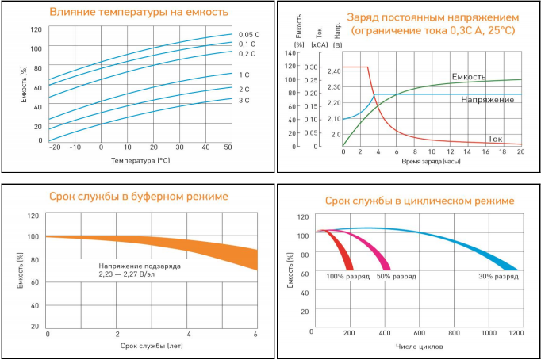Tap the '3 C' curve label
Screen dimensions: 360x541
click(x=244, y=101)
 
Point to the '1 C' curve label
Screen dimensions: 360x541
click(x=244, y=75)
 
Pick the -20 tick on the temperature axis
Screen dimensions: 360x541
click(x=54, y=147)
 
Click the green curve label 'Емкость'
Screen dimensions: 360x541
click(x=469, y=76)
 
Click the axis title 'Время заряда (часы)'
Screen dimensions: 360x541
click(x=432, y=161)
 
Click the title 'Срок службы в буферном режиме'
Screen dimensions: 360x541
click(x=139, y=196)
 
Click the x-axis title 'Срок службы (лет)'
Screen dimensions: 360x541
click(x=152, y=347)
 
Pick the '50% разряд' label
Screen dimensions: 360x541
click(x=395, y=276)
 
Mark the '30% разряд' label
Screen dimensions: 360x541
click(x=497, y=276)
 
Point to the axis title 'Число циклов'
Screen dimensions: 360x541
click(x=418, y=347)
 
